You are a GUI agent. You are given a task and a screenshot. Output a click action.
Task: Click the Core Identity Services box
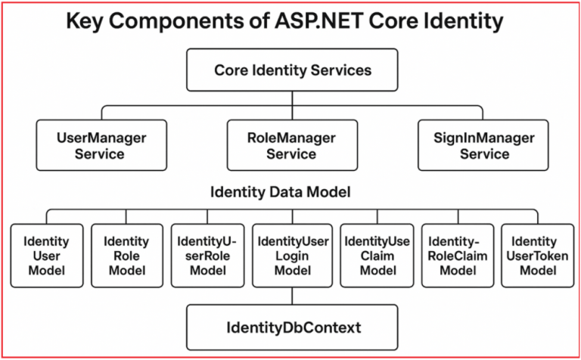coord(292,70)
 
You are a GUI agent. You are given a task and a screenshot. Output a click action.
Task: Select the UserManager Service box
coord(101,145)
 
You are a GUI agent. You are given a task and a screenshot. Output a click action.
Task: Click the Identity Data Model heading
coord(280,192)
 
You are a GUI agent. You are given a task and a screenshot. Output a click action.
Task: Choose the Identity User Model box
coord(46,256)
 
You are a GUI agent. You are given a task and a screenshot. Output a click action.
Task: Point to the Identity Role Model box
coord(126,256)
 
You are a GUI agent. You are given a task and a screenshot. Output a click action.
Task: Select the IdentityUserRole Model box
coord(207,256)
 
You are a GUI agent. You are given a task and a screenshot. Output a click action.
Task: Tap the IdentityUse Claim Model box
coord(377,256)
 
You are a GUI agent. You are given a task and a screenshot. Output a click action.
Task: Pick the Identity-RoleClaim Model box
coord(457,256)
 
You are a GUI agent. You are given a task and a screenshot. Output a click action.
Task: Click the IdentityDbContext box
coord(293,327)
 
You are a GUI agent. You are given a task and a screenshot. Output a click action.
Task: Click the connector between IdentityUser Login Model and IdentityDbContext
coord(293,296)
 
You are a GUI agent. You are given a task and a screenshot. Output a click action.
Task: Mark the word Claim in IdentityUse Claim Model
coord(377,256)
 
